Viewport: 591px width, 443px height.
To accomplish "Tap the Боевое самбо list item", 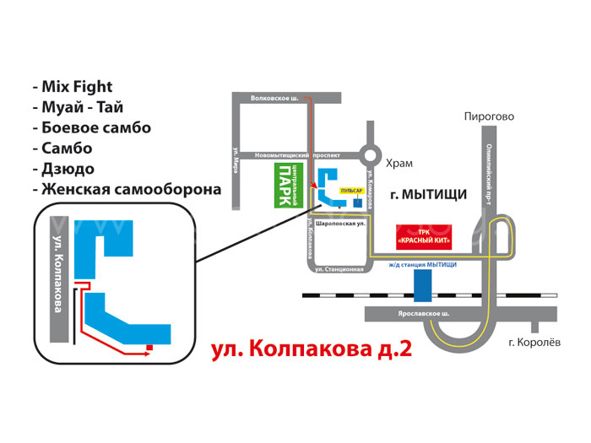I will [x=95, y=128].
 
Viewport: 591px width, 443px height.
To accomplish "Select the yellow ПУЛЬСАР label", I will [x=351, y=192].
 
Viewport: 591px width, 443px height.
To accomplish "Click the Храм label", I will [x=399, y=163].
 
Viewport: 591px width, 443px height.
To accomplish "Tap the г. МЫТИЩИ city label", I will [x=429, y=194].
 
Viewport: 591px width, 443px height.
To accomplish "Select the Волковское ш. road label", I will [x=274, y=99].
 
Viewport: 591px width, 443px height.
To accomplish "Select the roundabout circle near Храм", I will [x=369, y=155].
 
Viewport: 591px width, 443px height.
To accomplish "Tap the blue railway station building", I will [x=423, y=286].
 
